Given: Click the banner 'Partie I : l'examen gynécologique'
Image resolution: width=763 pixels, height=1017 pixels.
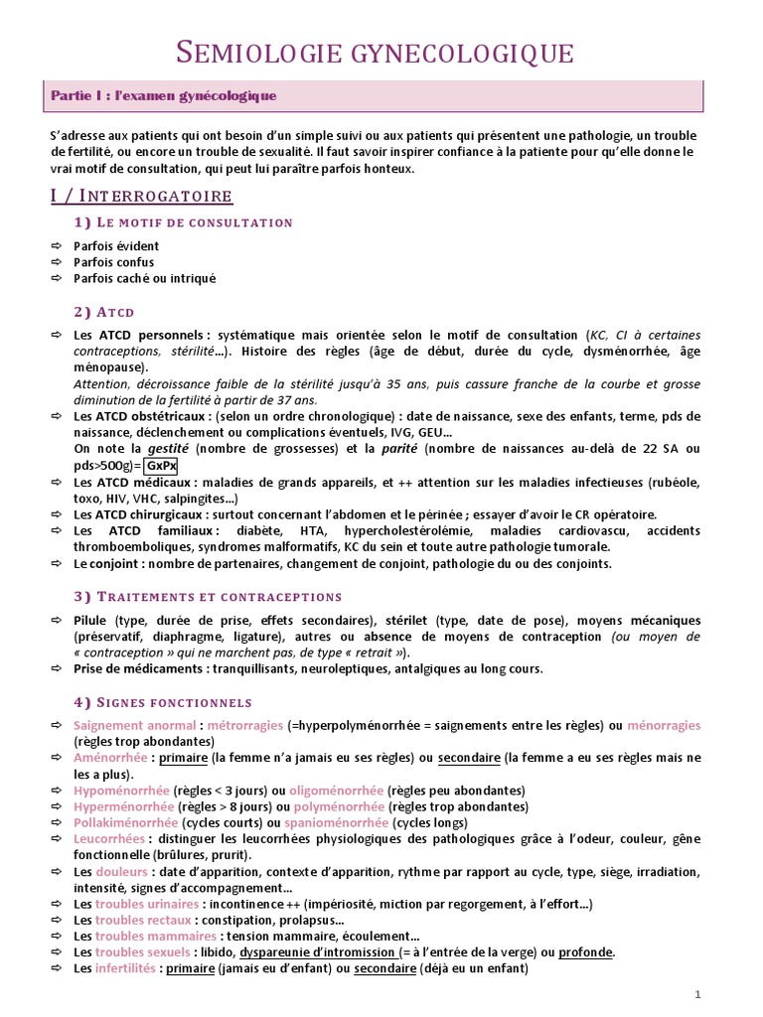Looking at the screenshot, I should pyautogui.click(x=165, y=96).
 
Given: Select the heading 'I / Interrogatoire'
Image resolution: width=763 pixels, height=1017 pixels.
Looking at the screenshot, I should pyautogui.click(x=141, y=196).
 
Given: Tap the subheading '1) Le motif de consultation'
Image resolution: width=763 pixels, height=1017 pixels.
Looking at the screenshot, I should pyautogui.click(x=183, y=222).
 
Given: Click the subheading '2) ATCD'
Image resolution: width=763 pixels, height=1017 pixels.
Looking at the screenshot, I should pyautogui.click(x=103, y=312).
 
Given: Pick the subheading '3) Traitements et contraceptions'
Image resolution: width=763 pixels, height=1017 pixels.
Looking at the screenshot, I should pyautogui.click(x=208, y=596).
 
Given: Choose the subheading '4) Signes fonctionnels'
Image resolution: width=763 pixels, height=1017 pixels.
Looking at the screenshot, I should pyautogui.click(x=163, y=701).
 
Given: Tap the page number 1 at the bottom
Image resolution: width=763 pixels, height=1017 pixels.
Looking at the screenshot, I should pyautogui.click(x=698, y=994).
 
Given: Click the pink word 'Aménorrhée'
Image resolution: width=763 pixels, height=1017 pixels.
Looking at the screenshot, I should pyautogui.click(x=109, y=758).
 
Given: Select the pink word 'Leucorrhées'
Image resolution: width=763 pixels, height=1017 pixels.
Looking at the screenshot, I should pyautogui.click(x=108, y=839).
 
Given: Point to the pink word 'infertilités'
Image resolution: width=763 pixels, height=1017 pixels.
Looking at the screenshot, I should pyautogui.click(x=126, y=968).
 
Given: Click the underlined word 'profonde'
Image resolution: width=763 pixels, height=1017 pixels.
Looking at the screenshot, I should pyautogui.click(x=585, y=952).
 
